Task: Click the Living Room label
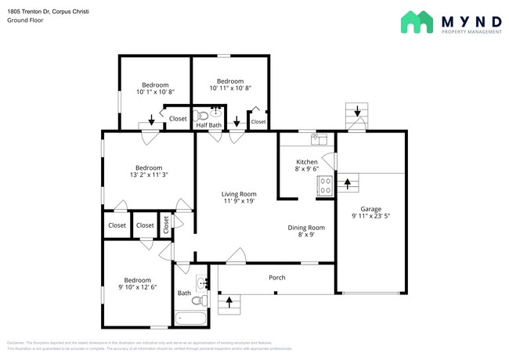click(239, 194)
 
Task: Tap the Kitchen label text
click(306, 162)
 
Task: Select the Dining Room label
click(306, 228)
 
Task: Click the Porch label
click(277, 278)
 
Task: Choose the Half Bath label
click(209, 125)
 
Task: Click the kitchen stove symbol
click(324, 185)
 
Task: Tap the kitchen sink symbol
click(318, 139)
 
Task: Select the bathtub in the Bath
click(191, 318)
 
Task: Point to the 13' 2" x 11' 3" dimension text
click(149, 176)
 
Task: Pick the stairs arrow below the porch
click(229, 299)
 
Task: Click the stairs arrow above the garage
click(357, 113)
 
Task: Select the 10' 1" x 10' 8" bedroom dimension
click(154, 92)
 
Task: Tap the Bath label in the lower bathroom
click(184, 293)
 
